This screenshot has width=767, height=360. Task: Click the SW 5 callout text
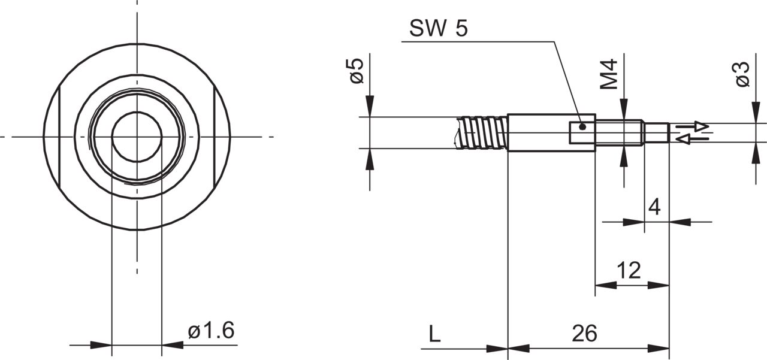(x=438, y=28)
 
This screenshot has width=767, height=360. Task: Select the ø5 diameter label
(x=356, y=71)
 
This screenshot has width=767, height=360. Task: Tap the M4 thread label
(x=609, y=74)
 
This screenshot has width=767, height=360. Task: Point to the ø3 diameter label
(x=742, y=74)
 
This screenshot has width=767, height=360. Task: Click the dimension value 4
(x=654, y=207)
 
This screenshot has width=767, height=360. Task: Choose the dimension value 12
(x=629, y=270)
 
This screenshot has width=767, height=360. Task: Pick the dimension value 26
(x=584, y=333)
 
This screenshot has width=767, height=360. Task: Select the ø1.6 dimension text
(x=212, y=331)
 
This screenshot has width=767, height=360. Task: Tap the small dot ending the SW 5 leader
(x=582, y=127)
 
